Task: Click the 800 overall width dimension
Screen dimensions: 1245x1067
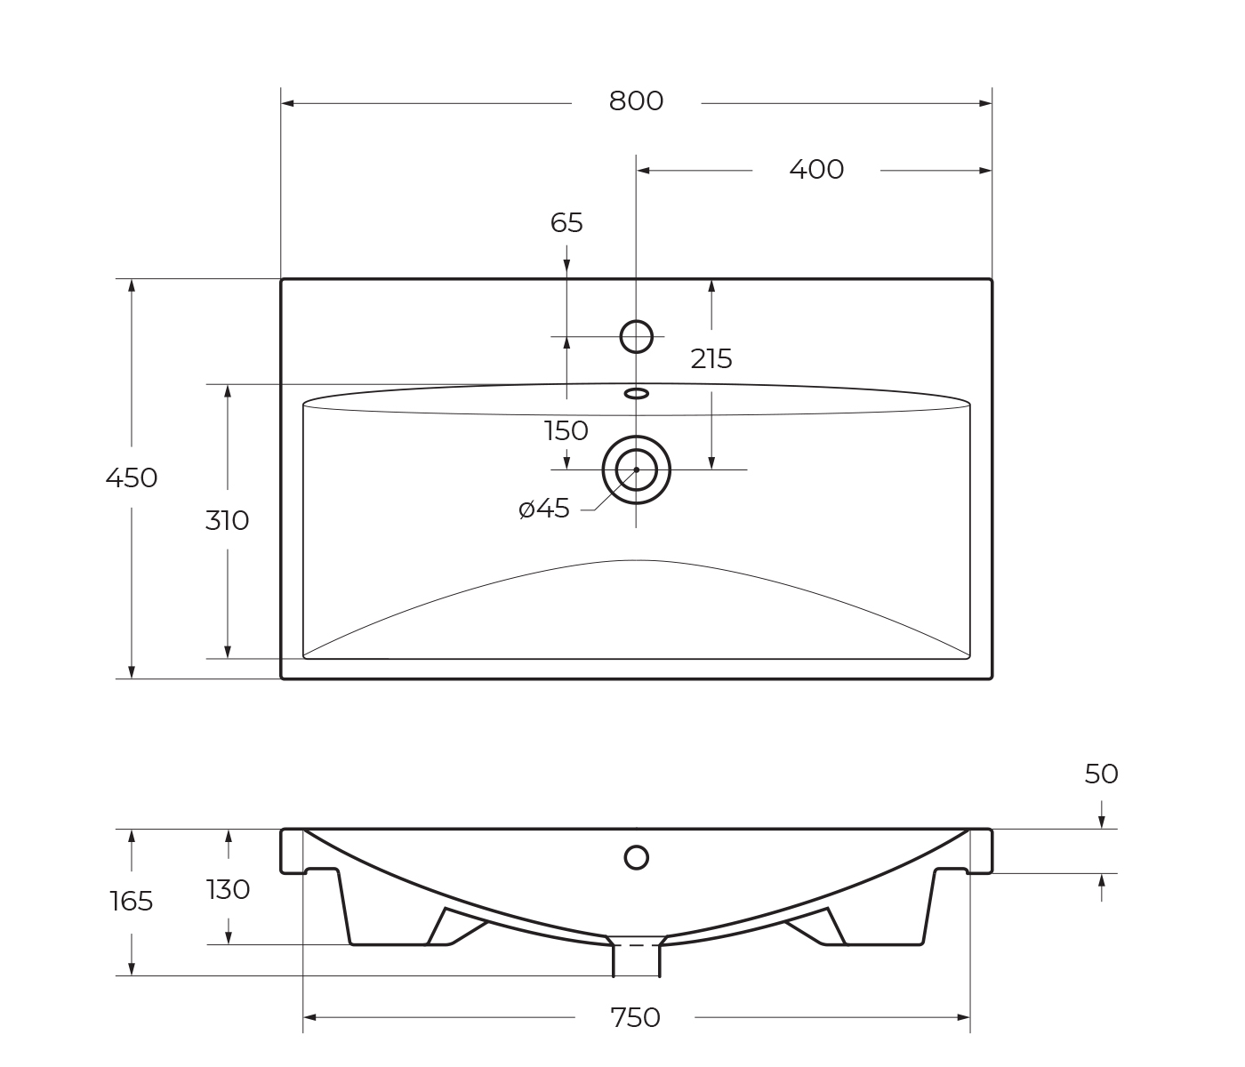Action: [636, 101]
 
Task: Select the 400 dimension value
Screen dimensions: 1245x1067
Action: [816, 170]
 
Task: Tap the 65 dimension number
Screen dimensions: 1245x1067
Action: [566, 223]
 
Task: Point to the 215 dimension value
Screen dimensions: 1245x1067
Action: [711, 359]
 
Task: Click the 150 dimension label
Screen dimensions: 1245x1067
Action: [566, 431]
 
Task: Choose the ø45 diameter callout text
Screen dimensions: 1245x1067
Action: [544, 509]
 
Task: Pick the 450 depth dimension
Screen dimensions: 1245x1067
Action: [132, 478]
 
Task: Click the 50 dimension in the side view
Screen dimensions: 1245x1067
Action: [1101, 774]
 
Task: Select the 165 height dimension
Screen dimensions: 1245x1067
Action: [132, 902]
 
